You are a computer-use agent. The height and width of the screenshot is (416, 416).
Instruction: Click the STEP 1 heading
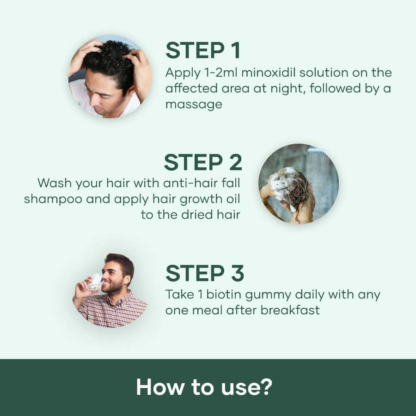click(203, 51)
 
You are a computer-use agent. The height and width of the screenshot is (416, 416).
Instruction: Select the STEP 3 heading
click(204, 273)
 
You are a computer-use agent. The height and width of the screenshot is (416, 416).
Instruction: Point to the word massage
click(194, 104)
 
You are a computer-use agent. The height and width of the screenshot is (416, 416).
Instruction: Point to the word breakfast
click(290, 310)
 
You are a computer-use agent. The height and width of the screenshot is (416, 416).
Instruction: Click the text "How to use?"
click(203, 388)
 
